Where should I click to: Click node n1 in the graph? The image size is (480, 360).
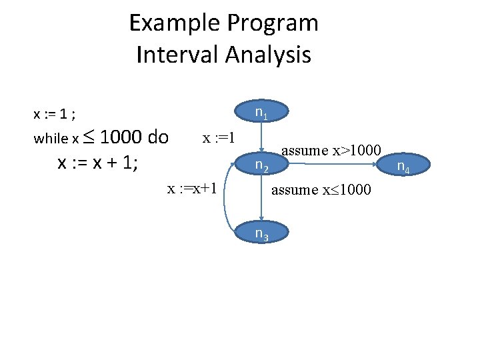262,113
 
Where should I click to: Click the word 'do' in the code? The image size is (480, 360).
158,137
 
